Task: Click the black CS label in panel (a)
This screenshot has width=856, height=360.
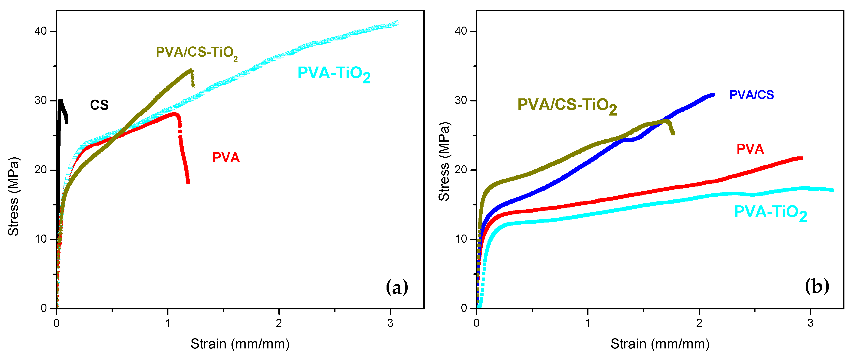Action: click(x=99, y=105)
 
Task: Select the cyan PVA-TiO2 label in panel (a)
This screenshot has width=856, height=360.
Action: click(x=334, y=74)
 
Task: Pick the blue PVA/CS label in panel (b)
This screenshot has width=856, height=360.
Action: click(x=751, y=95)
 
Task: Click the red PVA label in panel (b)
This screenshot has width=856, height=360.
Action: click(x=750, y=149)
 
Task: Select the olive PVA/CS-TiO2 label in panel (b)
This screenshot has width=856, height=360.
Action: click(x=567, y=106)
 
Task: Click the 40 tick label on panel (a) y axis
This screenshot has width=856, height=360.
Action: click(x=40, y=31)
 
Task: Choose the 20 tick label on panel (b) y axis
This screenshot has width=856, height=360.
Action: click(x=461, y=170)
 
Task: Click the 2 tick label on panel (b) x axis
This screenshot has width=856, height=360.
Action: click(x=699, y=323)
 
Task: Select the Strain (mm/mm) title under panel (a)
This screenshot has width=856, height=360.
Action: click(x=240, y=344)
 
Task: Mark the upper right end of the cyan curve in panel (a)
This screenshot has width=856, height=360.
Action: click(x=397, y=23)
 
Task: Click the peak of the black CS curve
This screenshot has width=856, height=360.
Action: click(x=61, y=100)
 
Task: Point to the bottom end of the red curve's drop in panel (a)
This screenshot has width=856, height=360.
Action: click(x=188, y=182)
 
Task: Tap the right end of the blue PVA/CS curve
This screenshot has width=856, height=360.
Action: click(x=713, y=95)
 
